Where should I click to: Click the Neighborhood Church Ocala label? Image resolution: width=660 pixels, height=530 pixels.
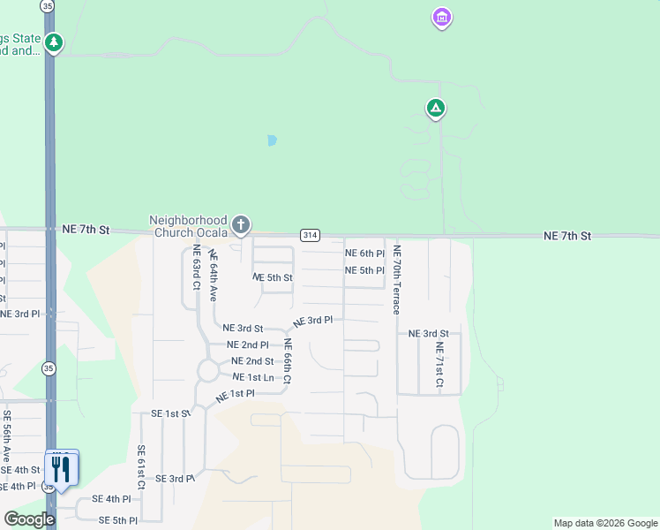pos(188,226)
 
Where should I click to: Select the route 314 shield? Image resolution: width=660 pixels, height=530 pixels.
pos(309,235)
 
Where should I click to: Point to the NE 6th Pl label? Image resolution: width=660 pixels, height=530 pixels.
pos(364,254)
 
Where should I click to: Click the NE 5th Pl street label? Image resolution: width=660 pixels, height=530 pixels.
pos(364,270)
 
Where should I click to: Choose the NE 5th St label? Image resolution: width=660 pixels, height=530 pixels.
pos(272,277)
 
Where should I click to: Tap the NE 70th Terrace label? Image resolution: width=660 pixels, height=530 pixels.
pos(397,279)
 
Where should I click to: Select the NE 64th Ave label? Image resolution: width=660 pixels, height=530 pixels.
pos(213,275)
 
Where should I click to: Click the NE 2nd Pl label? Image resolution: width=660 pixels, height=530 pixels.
pos(247,344)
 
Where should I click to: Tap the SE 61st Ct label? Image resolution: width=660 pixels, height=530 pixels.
pos(141,467)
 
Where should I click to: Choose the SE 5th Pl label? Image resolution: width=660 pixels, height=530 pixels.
pos(117,520)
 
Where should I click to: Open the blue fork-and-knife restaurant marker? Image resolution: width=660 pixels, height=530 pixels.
pos(61,468)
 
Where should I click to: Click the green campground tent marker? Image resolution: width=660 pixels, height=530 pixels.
pos(435,109)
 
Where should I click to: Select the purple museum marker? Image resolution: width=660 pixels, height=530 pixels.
pos(441,18)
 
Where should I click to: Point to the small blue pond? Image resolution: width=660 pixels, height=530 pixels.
pos(272,140)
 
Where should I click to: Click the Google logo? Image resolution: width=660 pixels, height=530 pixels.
pos(28,519)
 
